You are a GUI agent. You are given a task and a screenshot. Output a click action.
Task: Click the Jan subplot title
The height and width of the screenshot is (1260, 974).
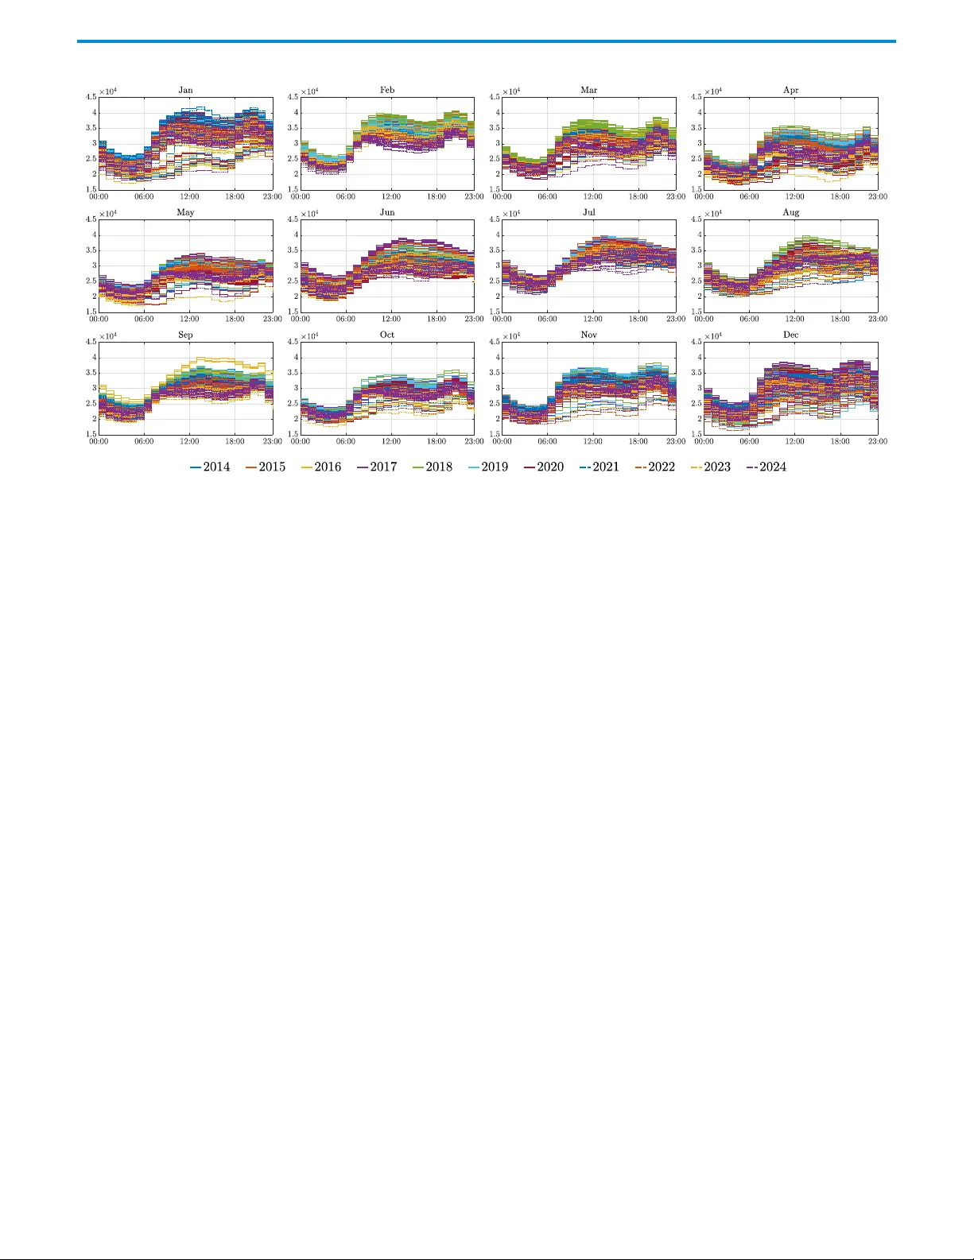[185, 90]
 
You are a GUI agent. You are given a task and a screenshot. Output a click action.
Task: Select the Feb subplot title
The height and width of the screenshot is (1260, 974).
[387, 90]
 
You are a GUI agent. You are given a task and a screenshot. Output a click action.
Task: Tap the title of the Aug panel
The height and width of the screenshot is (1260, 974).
[791, 212]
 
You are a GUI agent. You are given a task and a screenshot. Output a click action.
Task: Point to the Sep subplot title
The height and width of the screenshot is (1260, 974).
[185, 335]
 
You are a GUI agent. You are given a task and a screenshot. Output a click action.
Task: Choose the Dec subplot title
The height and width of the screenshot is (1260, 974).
[791, 335]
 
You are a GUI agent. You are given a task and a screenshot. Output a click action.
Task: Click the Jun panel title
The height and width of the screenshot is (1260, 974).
[387, 212]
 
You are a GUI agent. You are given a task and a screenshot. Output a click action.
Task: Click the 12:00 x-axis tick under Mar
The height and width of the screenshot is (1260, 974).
[592, 196]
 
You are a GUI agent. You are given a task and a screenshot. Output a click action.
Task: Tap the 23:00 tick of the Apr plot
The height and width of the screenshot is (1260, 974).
[878, 196]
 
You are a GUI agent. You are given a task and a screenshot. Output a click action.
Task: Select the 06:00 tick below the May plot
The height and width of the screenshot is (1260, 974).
[144, 319]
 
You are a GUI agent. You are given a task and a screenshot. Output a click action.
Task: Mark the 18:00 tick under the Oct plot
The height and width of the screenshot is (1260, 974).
[437, 441]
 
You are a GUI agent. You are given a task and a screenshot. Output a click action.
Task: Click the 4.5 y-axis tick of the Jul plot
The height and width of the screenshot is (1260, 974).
[494, 219]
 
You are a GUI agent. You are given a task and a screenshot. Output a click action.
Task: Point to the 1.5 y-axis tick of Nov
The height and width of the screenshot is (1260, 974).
[494, 434]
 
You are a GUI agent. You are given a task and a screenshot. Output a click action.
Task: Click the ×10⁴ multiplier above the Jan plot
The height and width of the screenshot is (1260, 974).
[108, 91]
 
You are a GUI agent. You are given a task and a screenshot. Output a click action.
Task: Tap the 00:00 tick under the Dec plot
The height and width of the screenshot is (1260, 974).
[704, 441]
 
